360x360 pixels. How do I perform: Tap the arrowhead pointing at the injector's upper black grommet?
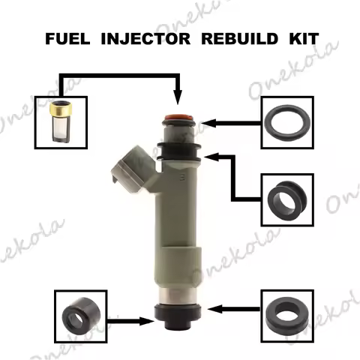coord(214,154)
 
